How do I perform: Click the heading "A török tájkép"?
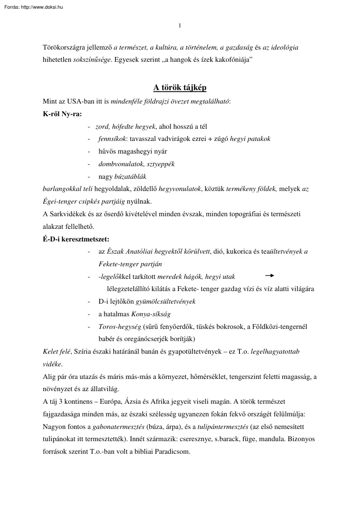tap(180, 88)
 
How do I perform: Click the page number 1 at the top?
tap(180, 26)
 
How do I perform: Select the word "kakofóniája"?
tap(235, 60)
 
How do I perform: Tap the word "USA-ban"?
tap(79, 102)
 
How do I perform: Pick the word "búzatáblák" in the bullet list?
tap(130, 177)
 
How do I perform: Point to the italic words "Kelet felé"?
tap(57, 351)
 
